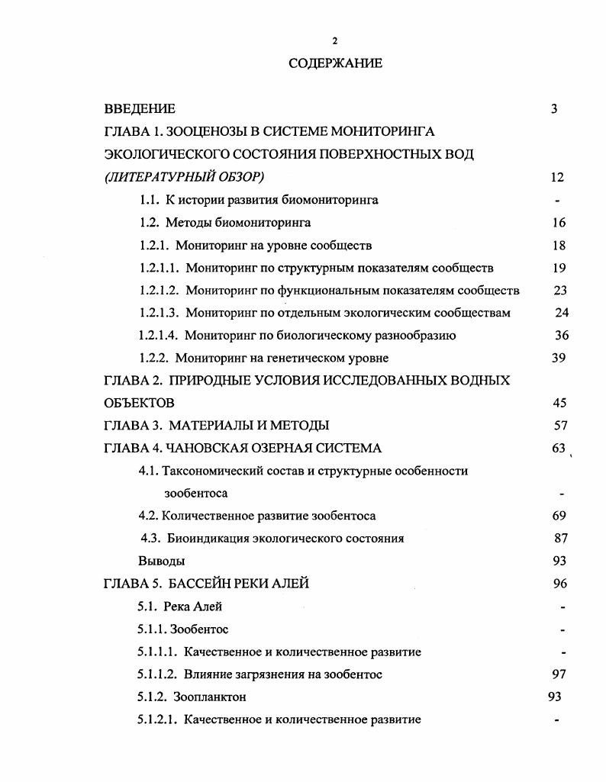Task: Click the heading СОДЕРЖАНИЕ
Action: click(335, 63)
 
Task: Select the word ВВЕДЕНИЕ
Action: click(140, 109)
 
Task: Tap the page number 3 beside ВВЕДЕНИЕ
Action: click(554, 109)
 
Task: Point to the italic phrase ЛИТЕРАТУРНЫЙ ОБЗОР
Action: click(184, 177)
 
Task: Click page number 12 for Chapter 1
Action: click(556, 177)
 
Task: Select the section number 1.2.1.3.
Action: click(160, 313)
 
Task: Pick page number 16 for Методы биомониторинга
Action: click(558, 223)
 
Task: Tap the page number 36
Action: click(561, 336)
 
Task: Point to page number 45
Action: click(559, 403)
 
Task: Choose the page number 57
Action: click(559, 426)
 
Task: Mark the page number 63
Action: click(558, 449)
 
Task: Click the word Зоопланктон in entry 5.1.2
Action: click(210, 697)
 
